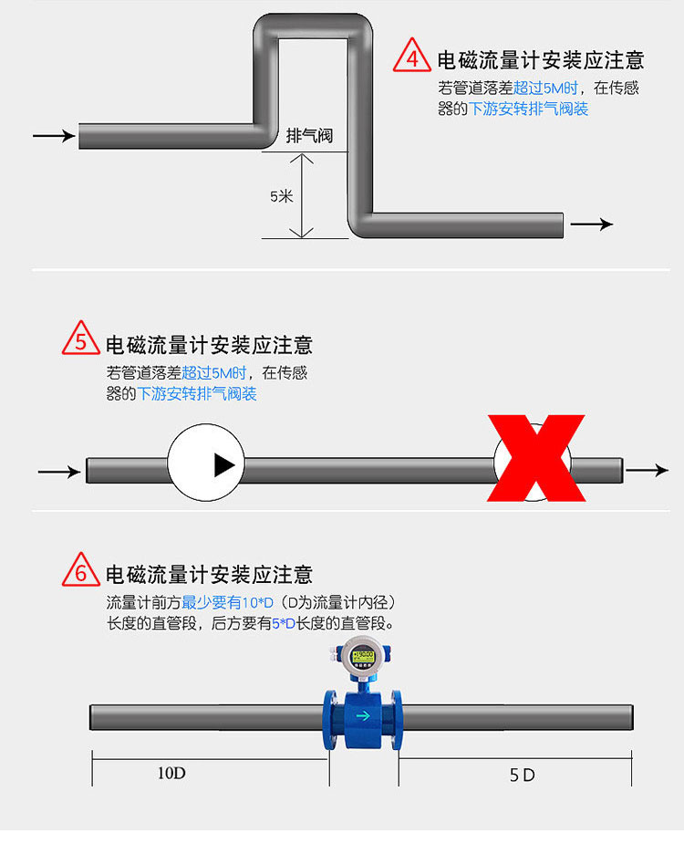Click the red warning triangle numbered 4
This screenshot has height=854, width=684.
412,56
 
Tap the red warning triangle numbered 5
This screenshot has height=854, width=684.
81,338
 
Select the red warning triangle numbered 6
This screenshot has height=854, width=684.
81,570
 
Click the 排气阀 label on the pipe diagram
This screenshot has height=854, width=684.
309,136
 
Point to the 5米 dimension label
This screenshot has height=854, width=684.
282,196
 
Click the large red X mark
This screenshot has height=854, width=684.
536,458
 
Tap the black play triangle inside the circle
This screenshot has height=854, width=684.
224,465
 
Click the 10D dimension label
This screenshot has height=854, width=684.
171,773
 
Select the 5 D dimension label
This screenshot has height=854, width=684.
522,775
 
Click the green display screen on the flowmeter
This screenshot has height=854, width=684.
363,655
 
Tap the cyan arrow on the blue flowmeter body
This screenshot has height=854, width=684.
363,715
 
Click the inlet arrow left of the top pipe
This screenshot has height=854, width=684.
54,135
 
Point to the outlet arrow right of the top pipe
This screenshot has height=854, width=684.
591,224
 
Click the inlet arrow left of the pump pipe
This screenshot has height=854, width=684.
59,471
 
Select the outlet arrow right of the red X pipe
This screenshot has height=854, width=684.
647,470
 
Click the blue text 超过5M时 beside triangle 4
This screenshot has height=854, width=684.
545,88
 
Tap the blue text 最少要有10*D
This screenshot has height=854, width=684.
228,602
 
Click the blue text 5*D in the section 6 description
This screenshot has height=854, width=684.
284,623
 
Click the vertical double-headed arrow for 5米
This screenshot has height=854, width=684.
301,196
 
